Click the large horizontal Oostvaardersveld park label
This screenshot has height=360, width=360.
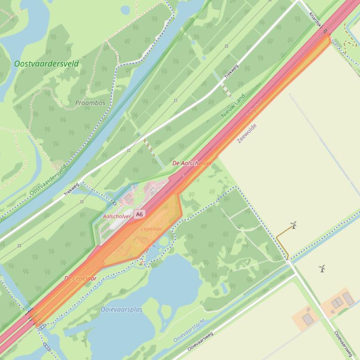(46, 64)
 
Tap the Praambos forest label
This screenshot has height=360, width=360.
(90, 103)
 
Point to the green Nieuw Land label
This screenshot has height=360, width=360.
(233, 105)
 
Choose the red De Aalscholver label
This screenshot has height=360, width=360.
(192, 163)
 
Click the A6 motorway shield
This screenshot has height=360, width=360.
(139, 214)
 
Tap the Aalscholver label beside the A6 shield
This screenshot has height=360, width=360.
(117, 216)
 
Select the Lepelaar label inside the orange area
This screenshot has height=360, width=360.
(151, 229)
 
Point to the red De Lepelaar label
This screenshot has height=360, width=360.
(80, 279)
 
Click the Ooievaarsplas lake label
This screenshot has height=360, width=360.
(122, 310)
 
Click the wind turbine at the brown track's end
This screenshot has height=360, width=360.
(294, 225)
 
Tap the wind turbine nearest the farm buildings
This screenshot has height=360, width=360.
(322, 268)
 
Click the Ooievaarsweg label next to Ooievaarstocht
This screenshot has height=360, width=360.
(200, 342)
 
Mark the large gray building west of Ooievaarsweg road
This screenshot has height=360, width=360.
(308, 319)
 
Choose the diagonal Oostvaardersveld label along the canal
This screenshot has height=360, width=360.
(48, 179)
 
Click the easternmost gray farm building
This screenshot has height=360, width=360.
(348, 299)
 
